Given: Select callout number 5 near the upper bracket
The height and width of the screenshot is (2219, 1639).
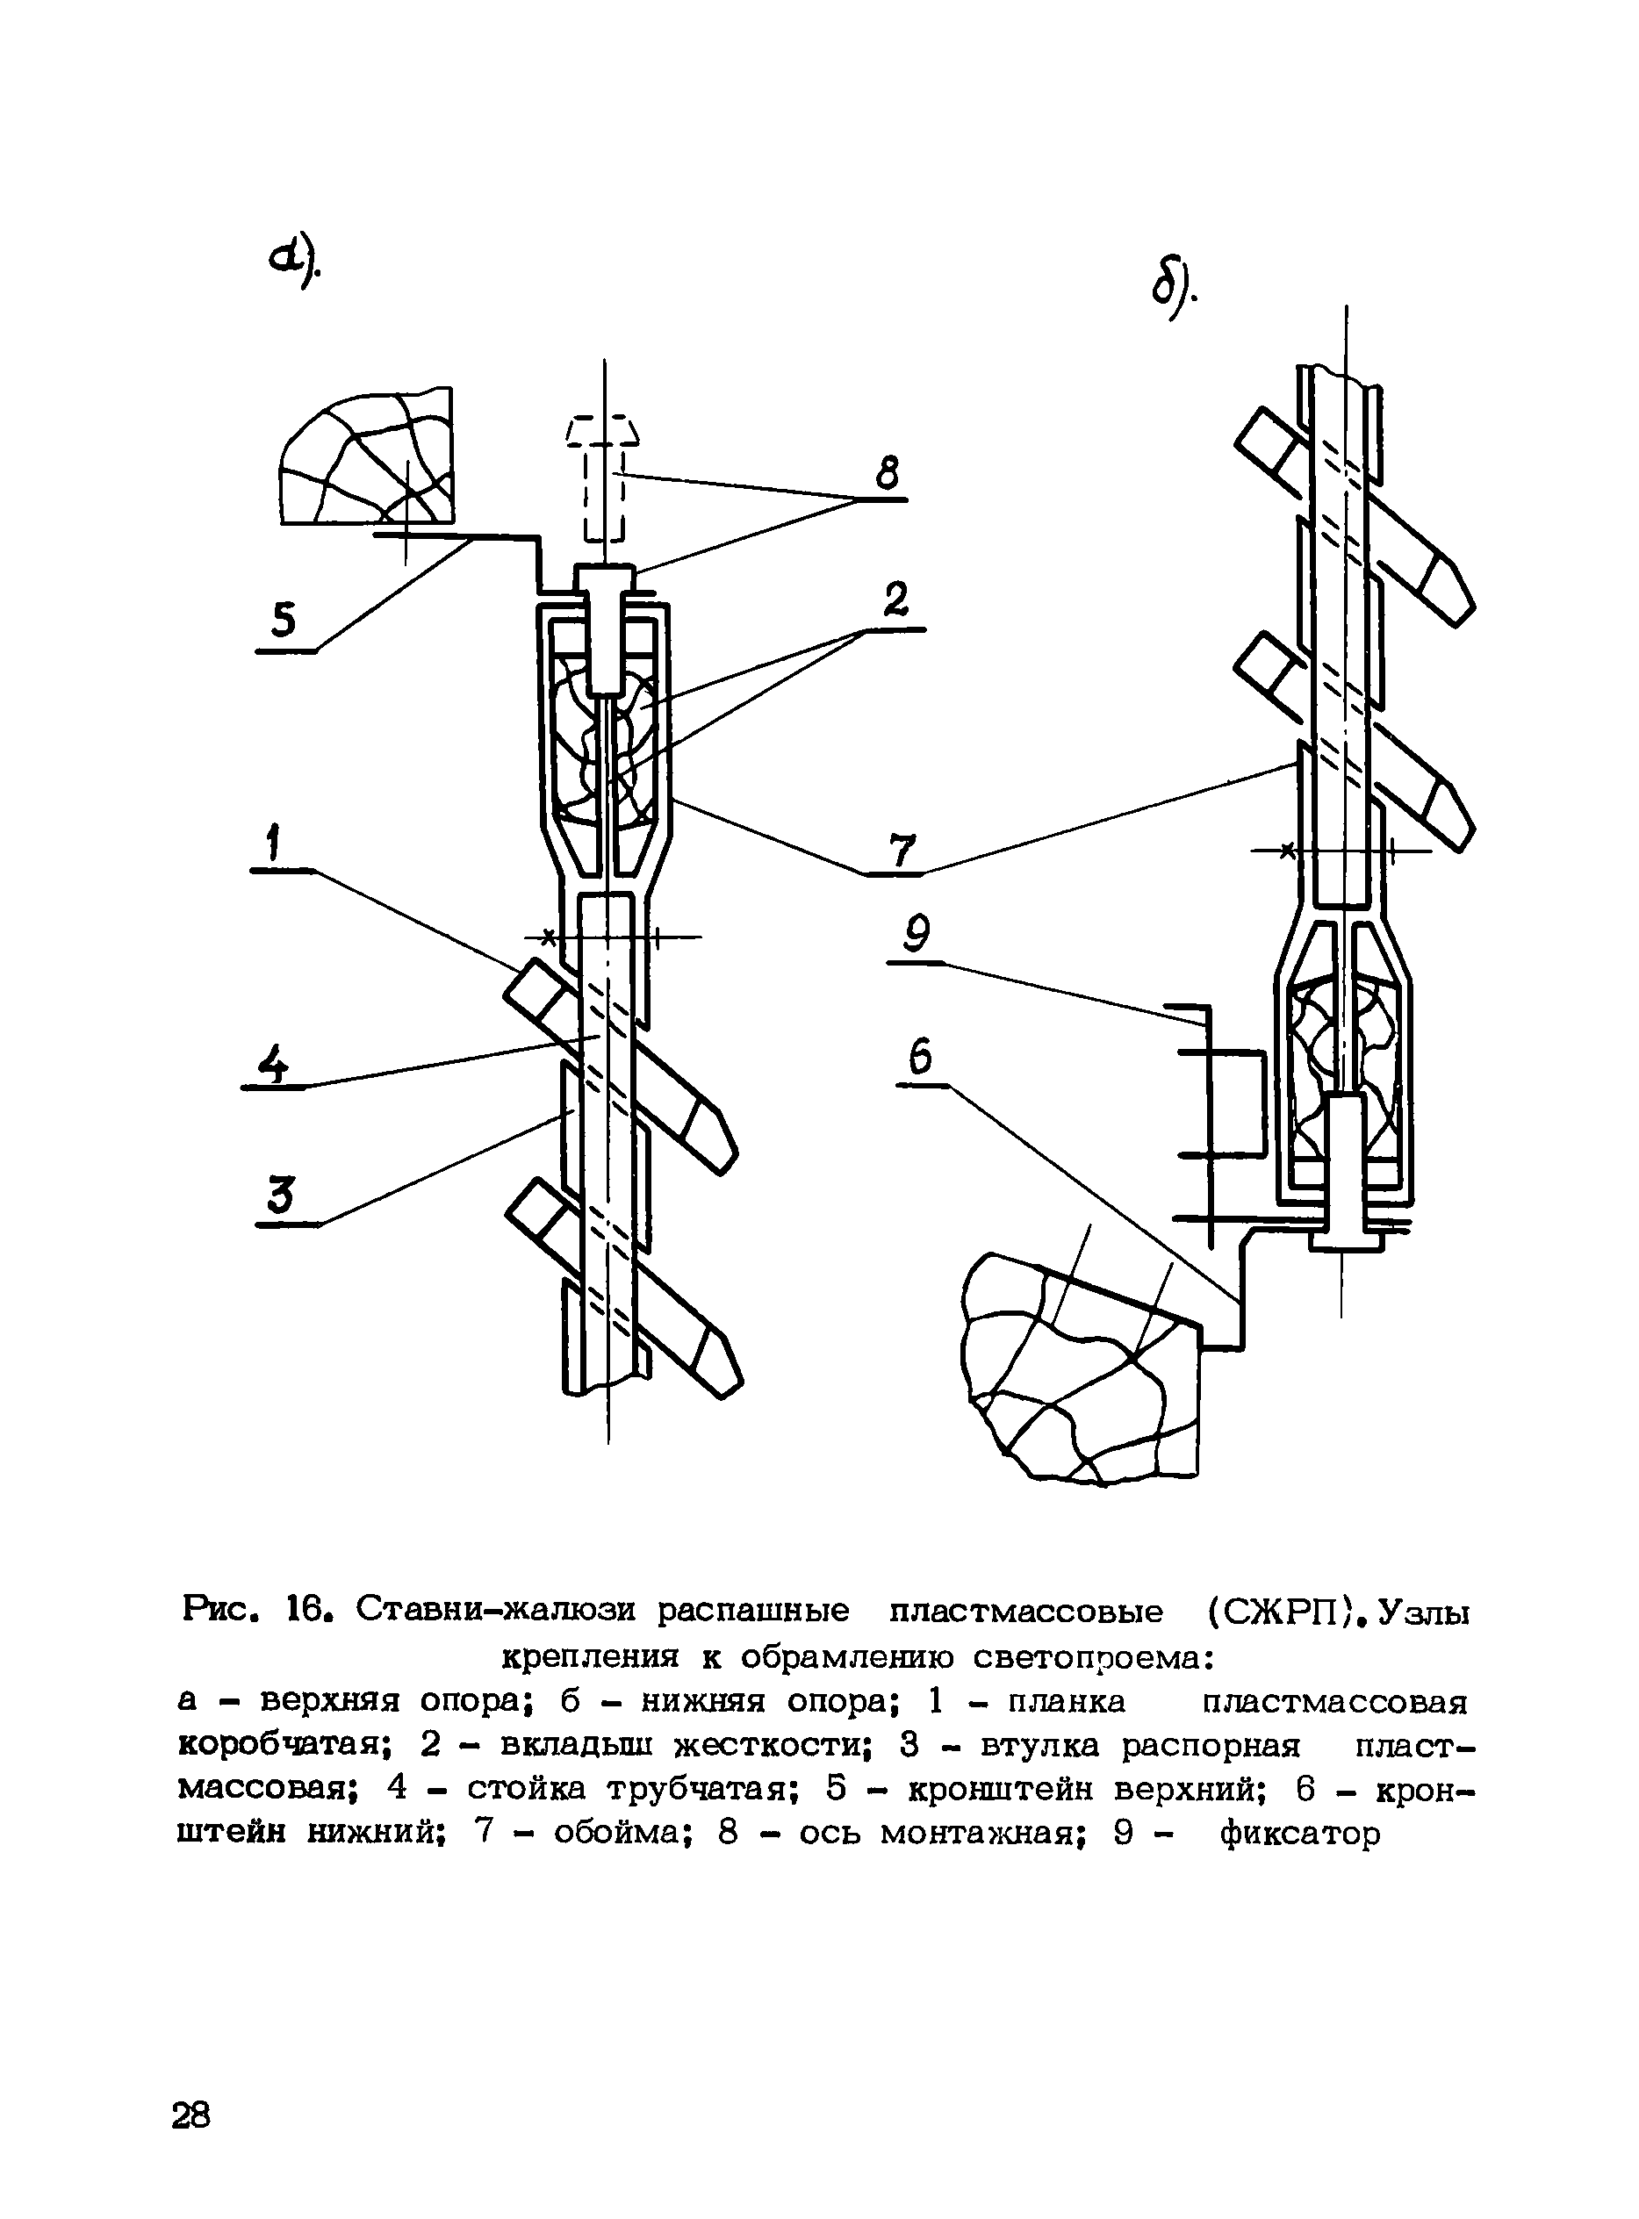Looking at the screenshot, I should point(284,620).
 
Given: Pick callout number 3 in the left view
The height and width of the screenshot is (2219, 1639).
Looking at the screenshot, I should point(282,1196).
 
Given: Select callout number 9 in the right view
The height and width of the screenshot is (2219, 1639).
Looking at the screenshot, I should point(917,935).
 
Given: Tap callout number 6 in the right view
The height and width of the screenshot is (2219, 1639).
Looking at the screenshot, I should point(920,1058).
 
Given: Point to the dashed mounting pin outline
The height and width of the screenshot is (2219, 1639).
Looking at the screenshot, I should point(603,476).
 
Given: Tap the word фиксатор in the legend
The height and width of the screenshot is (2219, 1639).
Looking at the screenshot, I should point(1299,1833).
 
